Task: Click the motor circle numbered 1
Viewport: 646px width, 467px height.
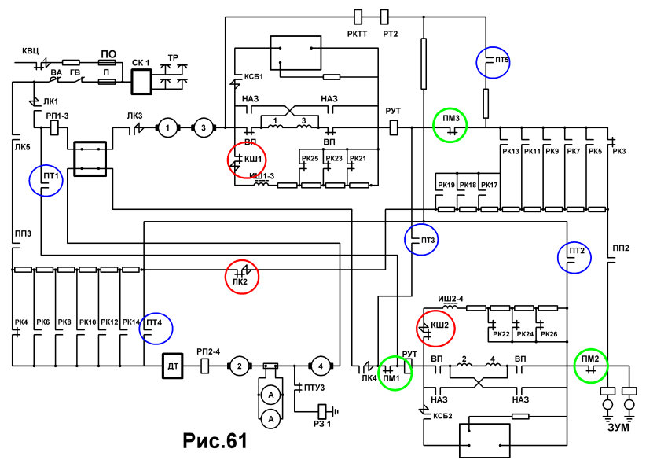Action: point(167,128)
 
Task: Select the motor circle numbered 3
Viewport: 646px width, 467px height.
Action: point(203,128)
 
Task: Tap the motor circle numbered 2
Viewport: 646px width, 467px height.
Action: point(240,366)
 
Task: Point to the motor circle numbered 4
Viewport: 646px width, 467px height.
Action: point(321,366)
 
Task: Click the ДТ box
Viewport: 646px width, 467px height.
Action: point(173,366)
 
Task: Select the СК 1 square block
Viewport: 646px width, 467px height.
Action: point(141,82)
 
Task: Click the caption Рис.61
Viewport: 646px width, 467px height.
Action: point(215,440)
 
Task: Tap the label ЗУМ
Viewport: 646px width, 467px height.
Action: point(618,428)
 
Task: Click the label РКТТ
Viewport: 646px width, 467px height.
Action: point(357,34)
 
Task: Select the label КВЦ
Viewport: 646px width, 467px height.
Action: point(31,50)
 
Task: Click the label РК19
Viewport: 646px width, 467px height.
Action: point(446,185)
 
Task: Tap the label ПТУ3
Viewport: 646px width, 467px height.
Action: point(314,388)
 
